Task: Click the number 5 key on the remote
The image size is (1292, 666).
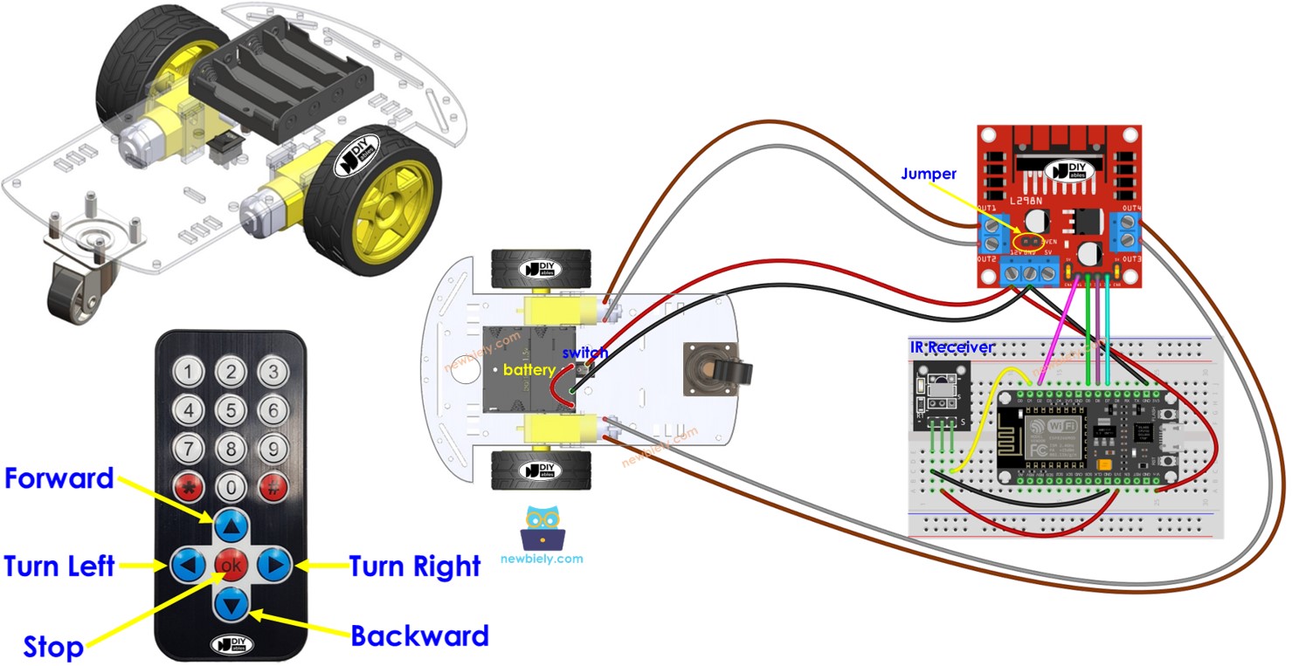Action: point(231,409)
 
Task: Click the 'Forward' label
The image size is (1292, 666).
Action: point(59,478)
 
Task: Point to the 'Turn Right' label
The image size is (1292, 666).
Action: point(415,566)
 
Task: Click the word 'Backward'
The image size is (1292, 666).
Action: point(419,635)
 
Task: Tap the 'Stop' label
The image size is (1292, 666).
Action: point(53,648)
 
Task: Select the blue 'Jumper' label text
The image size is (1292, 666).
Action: point(929,174)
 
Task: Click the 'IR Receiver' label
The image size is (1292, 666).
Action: point(952,347)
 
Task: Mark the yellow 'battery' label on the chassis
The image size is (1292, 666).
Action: point(529,369)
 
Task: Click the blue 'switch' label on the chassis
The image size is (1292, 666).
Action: point(585,353)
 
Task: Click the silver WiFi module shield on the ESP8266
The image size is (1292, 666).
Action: point(1053,437)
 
